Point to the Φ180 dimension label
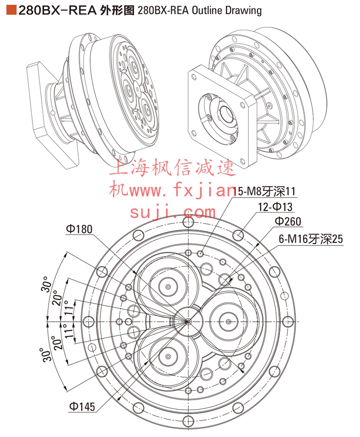(x=79, y=229)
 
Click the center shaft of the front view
(x=188, y=321)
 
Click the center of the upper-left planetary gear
(x=168, y=286)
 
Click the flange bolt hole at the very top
(x=188, y=222)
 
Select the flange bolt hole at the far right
(x=288, y=321)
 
